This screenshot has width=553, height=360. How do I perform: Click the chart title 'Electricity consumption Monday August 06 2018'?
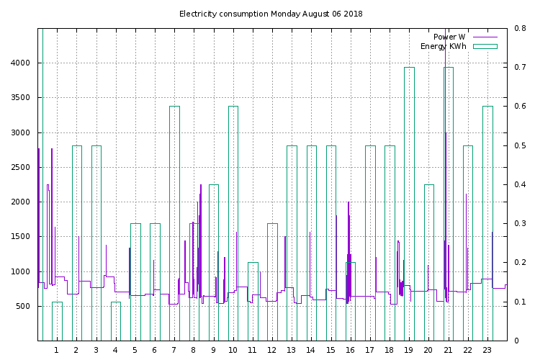(x=271, y=14)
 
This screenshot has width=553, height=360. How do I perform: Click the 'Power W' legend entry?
(x=449, y=37)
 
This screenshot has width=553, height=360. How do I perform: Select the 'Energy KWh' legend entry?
(x=443, y=47)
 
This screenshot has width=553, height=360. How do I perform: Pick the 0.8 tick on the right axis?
(x=520, y=29)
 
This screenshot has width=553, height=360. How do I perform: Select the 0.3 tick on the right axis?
(x=520, y=224)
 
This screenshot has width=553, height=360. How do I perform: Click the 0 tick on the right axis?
(x=517, y=341)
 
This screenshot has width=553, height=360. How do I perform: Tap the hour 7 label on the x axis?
(x=174, y=351)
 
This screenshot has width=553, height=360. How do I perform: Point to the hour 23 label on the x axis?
(x=487, y=351)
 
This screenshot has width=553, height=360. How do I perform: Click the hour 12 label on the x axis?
(x=271, y=351)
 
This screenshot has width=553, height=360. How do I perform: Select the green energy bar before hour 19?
(x=409, y=202)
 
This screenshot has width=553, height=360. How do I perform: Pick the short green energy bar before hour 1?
(x=57, y=321)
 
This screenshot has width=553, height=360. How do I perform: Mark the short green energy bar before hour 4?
(x=115, y=321)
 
